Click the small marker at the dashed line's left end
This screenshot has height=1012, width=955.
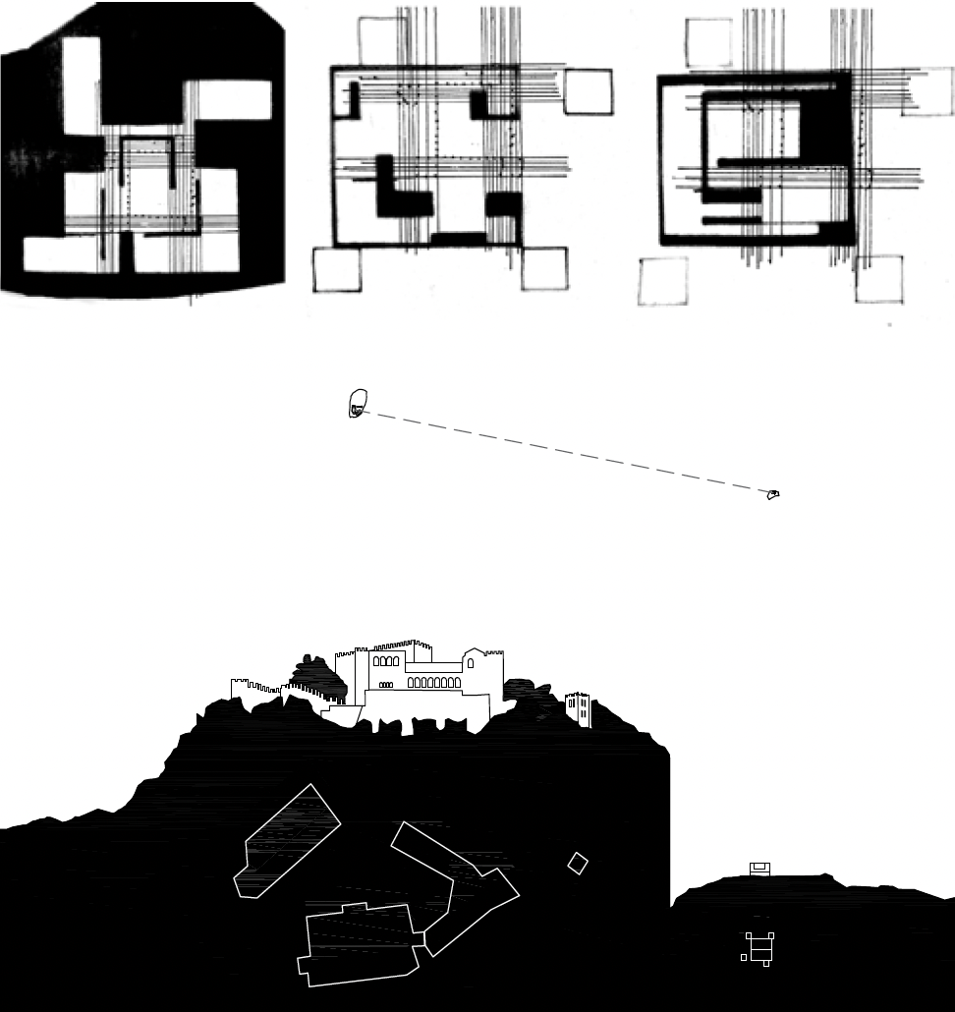[358, 403]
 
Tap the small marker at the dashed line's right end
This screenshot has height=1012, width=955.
[773, 494]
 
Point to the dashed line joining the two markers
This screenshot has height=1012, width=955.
[565, 449]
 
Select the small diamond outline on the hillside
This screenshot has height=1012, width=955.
[578, 864]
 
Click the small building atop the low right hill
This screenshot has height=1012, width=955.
[759, 868]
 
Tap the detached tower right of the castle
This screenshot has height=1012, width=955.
[578, 709]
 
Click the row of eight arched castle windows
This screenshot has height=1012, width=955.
[433, 682]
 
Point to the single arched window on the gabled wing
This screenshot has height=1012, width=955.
[471, 663]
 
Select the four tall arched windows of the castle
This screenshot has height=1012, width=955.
[386, 661]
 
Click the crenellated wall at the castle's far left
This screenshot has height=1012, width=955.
[255, 687]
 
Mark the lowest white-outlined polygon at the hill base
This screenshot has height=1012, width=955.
[365, 943]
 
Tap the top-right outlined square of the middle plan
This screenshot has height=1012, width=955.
[588, 91]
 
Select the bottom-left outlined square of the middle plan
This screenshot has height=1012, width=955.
[336, 269]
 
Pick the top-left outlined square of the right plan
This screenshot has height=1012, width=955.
[707, 42]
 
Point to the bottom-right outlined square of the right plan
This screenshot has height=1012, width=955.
[878, 279]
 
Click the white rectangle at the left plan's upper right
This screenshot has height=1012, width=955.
[227, 100]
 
